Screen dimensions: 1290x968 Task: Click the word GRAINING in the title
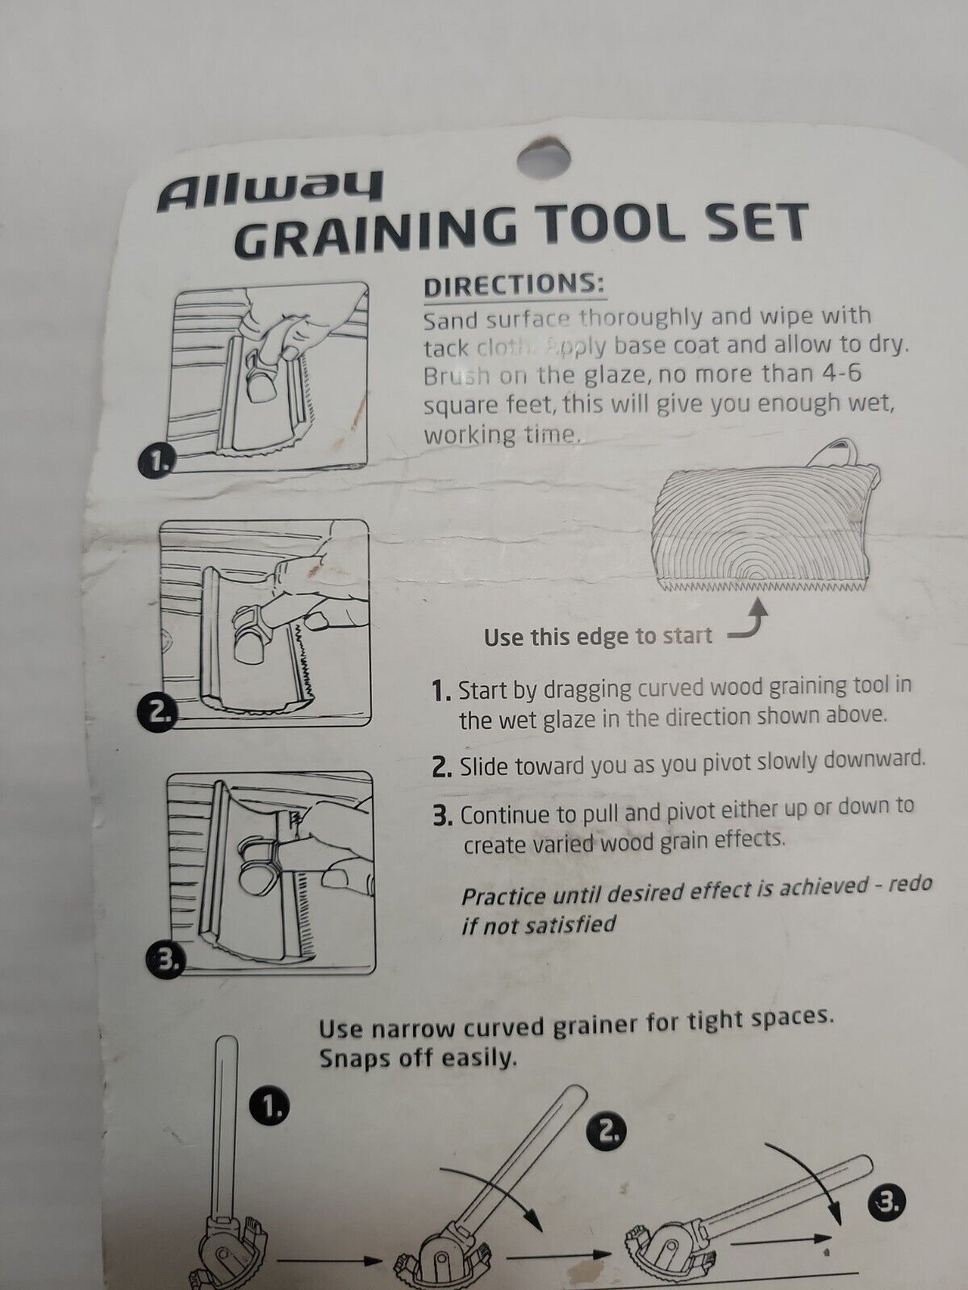coord(378,227)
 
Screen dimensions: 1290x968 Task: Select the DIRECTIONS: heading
coord(515,285)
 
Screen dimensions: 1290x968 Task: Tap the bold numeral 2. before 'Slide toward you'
coord(442,766)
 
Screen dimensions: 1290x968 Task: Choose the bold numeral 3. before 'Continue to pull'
coord(443,815)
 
